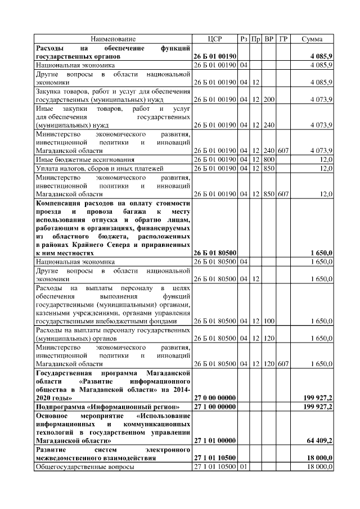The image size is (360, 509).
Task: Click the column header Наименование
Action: point(113,39)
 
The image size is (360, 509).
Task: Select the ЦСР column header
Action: point(214,39)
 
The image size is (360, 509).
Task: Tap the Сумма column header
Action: point(312,39)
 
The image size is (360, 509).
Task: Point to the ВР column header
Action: point(269,39)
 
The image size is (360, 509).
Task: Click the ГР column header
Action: point(283,39)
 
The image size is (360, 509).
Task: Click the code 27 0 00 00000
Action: point(214,398)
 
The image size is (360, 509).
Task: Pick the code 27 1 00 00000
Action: point(214,407)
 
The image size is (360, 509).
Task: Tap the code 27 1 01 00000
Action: point(214,440)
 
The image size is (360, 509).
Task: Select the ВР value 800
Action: point(269,160)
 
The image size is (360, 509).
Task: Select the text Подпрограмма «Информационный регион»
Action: point(107,407)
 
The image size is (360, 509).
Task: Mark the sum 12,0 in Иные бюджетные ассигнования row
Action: point(326,160)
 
